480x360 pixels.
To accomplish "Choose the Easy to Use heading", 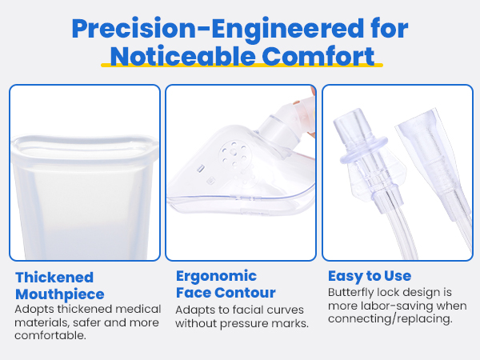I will click(370, 276).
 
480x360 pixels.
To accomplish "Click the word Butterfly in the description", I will click(350, 293).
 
